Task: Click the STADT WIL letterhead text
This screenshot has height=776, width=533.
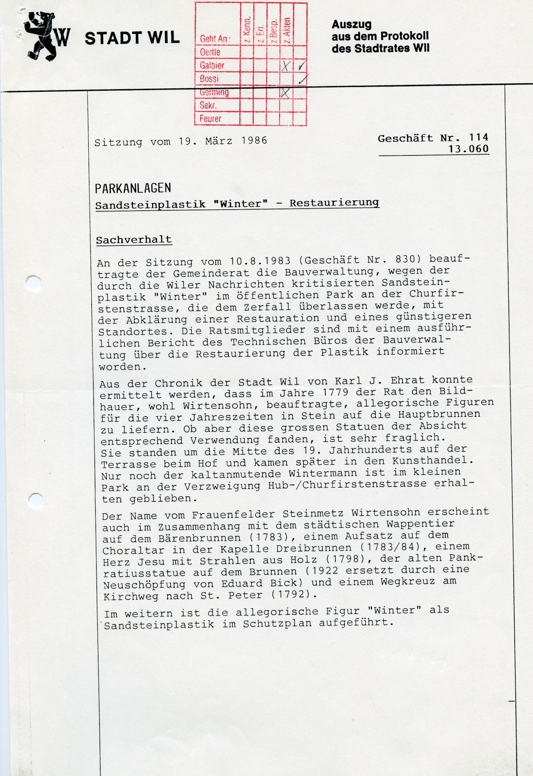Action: click(132, 38)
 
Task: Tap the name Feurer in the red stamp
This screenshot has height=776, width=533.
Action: click(210, 119)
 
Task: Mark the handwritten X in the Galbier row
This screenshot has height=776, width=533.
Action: click(286, 66)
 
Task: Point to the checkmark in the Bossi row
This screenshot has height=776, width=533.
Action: click(302, 79)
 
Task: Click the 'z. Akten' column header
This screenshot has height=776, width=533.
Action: click(287, 30)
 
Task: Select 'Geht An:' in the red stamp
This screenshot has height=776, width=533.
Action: click(215, 39)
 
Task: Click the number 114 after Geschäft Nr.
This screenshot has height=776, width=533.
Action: click(478, 138)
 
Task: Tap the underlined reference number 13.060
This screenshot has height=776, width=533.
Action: click(468, 149)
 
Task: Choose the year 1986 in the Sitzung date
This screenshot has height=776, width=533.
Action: click(254, 141)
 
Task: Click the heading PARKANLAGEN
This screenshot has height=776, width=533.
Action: click(133, 189)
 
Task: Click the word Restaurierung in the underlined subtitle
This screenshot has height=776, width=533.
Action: click(334, 203)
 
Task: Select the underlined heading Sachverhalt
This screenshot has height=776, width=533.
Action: click(134, 240)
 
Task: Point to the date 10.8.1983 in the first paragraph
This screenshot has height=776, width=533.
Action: click(260, 261)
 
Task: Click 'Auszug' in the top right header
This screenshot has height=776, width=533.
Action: click(351, 24)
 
